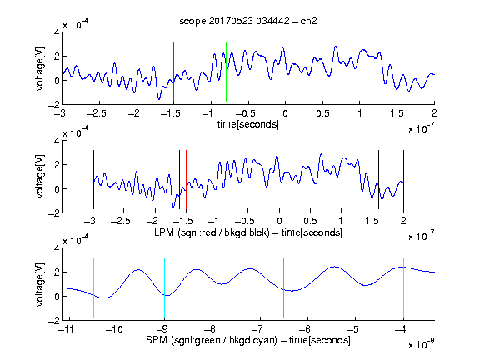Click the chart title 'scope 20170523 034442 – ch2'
click(x=248, y=21)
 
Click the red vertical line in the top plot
click(x=174, y=72)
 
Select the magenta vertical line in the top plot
click(x=397, y=72)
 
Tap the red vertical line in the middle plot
click(x=186, y=180)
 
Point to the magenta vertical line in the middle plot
click(x=372, y=180)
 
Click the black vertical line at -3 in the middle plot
click(x=93, y=180)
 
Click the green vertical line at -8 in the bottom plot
click(x=212, y=287)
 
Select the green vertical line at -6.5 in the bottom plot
click(x=284, y=287)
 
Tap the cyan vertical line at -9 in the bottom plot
click(x=165, y=287)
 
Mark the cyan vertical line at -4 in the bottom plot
click(x=404, y=287)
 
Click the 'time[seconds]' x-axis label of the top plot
click(x=248, y=124)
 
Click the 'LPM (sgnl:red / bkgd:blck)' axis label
click(x=212, y=232)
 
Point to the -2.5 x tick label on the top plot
click(x=97, y=113)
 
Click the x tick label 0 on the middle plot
click(x=279, y=221)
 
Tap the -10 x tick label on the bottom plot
click(x=114, y=329)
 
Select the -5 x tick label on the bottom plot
click(x=354, y=329)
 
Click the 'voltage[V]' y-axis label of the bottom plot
click(x=40, y=284)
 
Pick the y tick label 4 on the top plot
click(x=57, y=32)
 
